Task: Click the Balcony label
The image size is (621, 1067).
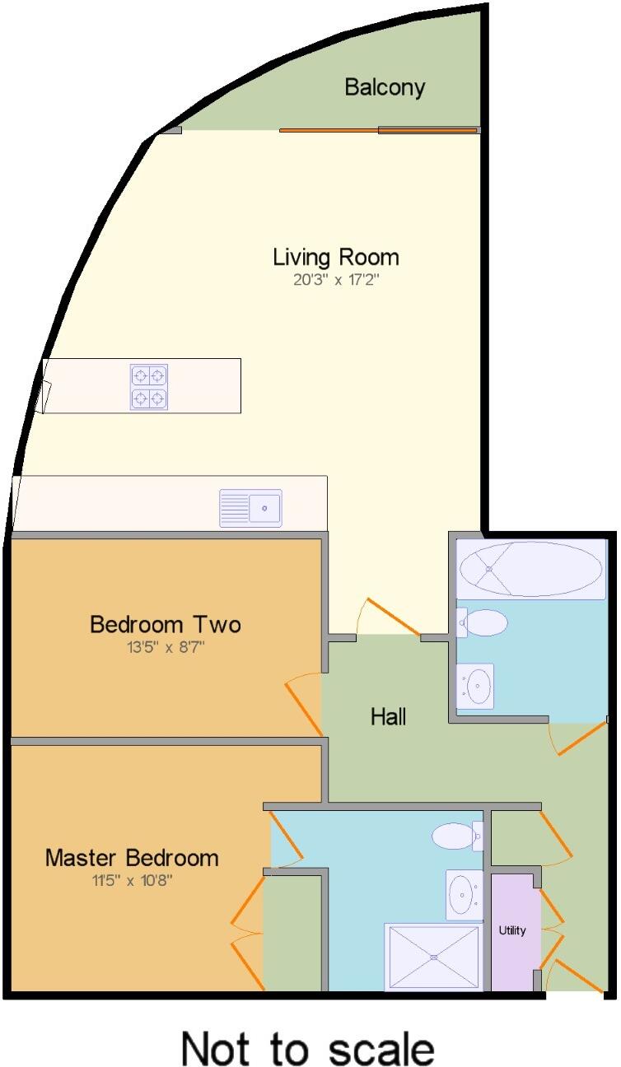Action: pos(385,87)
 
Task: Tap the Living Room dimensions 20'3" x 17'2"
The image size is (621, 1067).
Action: pos(336,279)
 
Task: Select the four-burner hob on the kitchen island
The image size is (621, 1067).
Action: pos(149,387)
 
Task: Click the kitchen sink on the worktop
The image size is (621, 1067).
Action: pos(250,508)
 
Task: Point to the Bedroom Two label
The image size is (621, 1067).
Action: pos(166,624)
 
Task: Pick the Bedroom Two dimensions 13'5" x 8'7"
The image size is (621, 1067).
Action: pos(166,647)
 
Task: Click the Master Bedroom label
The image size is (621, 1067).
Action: pos(132,858)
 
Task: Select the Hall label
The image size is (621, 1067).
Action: pos(388,716)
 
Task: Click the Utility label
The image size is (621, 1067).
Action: pos(512,930)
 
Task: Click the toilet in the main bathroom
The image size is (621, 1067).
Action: pos(483,623)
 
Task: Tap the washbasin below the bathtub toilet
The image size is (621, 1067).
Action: pos(475,685)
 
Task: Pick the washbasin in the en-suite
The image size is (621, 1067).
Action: pos(465,894)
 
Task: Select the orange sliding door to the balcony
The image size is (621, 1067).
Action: pos(379,130)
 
